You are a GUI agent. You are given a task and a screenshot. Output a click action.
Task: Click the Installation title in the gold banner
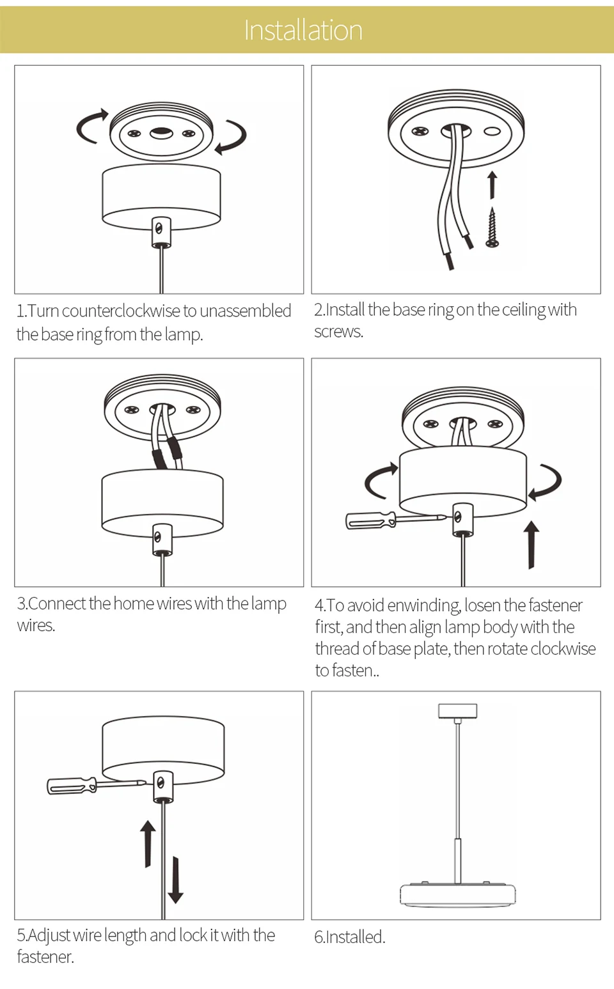(x=303, y=31)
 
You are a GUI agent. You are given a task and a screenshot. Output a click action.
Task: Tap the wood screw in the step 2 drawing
(x=492, y=228)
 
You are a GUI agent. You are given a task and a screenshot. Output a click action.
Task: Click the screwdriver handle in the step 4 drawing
(x=370, y=520)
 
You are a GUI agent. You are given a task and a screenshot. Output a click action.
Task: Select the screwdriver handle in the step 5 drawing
(x=72, y=786)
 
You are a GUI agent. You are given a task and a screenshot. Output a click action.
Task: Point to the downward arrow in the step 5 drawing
(x=175, y=880)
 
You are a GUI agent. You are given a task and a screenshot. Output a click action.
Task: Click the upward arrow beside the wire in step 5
(x=148, y=844)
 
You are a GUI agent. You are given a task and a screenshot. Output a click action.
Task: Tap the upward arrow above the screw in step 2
(x=492, y=185)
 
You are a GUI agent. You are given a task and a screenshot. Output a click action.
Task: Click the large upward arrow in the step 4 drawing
(x=531, y=545)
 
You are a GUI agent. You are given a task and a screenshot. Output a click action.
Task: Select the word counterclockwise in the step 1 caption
(x=121, y=311)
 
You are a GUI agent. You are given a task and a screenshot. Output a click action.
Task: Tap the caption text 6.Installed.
(x=349, y=937)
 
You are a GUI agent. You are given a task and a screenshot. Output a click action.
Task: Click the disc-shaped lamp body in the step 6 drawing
(x=458, y=894)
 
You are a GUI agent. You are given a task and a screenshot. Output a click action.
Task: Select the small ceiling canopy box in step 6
(x=458, y=711)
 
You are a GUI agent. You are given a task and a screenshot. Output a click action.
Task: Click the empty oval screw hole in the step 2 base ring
(x=492, y=131)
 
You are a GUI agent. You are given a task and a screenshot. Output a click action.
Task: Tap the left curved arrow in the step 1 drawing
(x=91, y=127)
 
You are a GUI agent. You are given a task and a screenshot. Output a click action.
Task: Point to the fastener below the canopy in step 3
(x=162, y=539)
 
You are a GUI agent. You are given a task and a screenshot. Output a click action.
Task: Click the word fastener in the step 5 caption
(x=45, y=957)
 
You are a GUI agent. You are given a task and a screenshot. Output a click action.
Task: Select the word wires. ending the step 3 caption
(x=36, y=626)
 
